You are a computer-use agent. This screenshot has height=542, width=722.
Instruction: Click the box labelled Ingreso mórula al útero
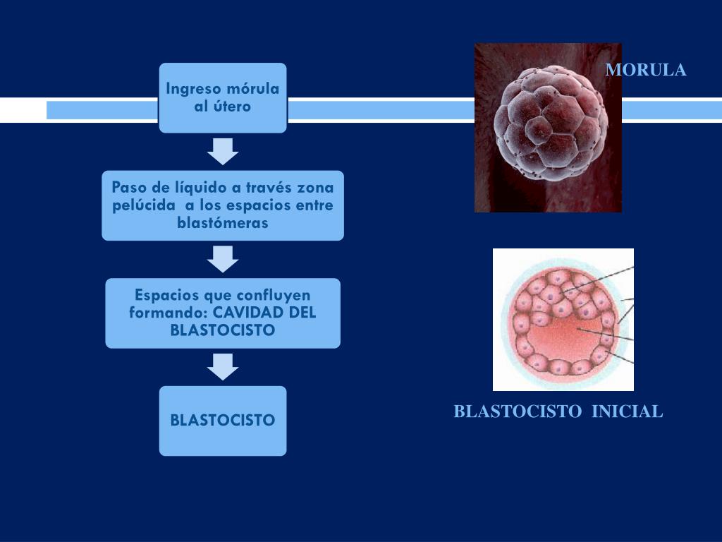223,97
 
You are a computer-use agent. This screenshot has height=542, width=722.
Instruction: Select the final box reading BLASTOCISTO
223,421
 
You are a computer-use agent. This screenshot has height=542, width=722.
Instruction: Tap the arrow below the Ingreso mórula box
223,150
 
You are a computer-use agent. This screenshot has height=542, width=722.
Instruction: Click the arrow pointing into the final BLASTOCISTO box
223,366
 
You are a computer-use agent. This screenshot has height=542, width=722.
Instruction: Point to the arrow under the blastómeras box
223,258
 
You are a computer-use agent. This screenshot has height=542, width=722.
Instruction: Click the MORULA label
646,70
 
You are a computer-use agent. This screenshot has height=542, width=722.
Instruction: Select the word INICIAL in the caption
627,411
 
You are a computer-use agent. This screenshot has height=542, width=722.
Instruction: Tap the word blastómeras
223,223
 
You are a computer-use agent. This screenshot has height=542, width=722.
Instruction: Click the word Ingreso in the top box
192,90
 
